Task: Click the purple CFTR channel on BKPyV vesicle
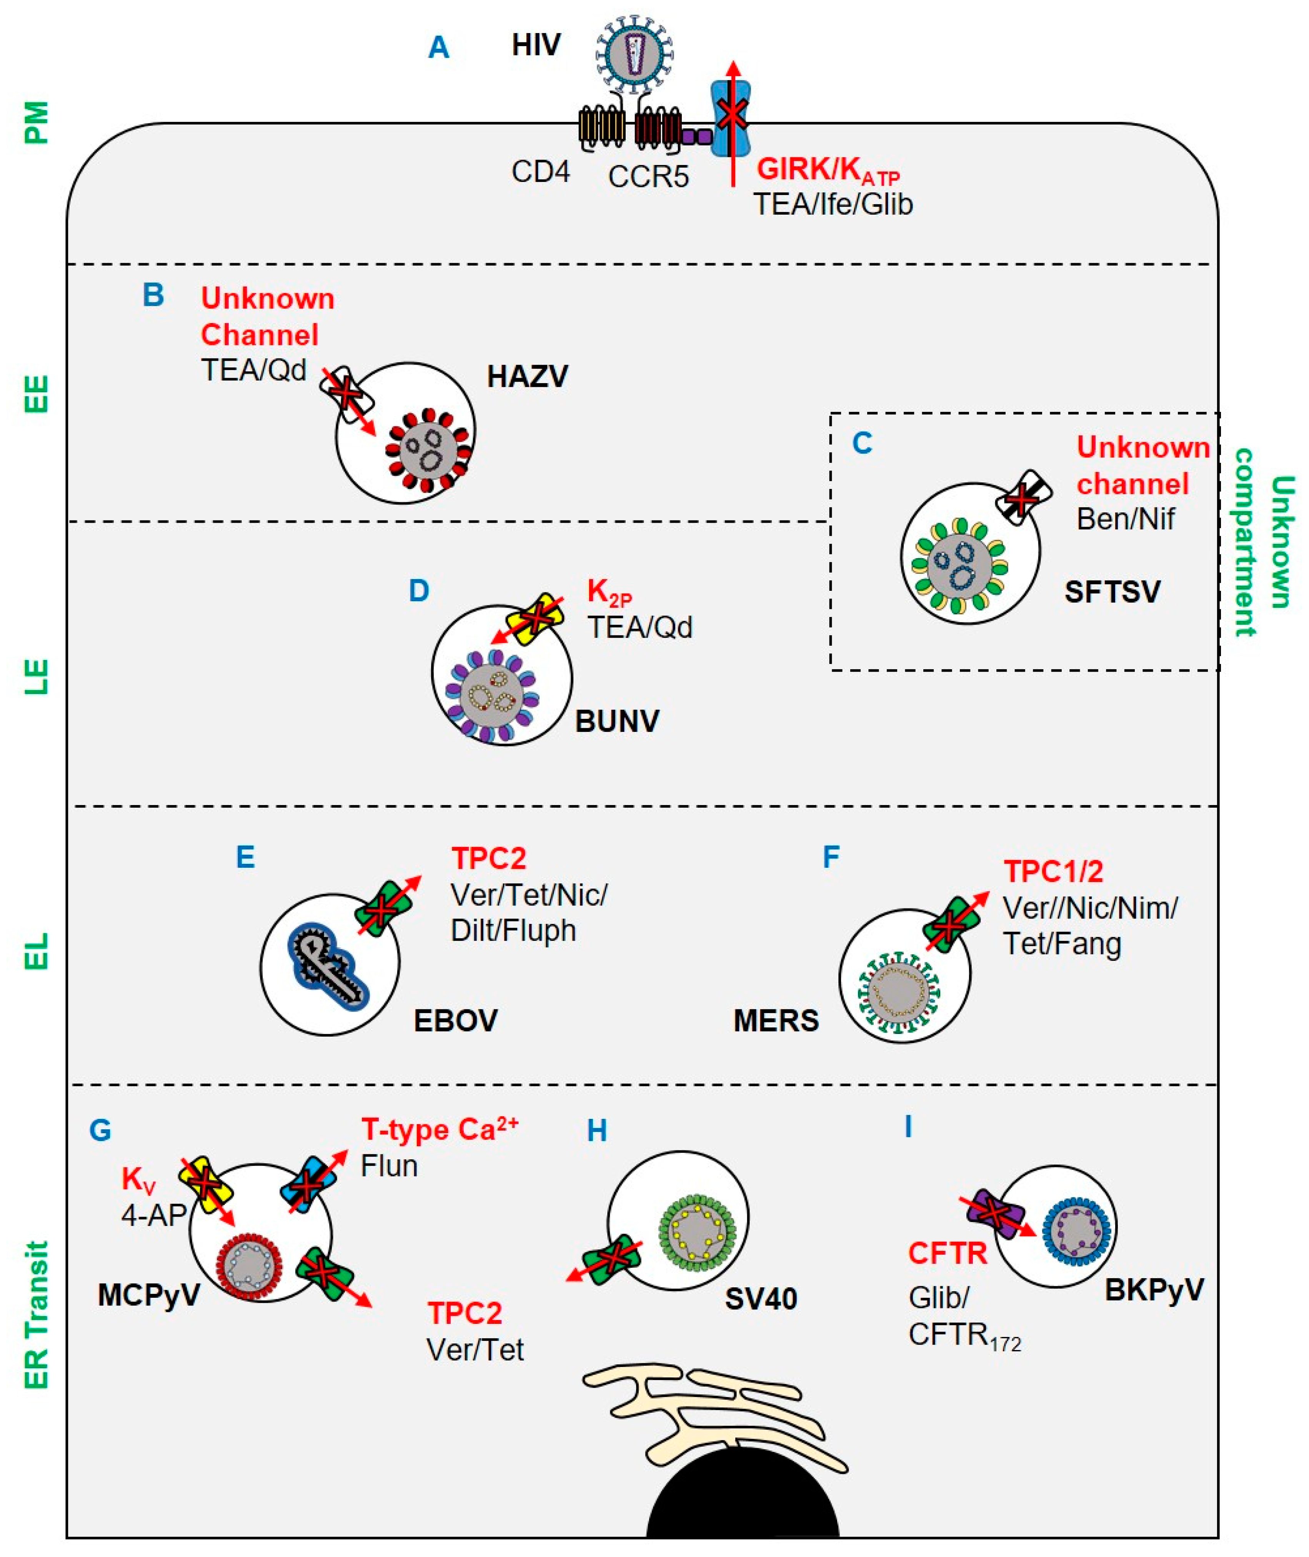point(996,1213)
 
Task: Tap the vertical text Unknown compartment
point(1264,542)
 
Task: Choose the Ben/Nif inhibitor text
point(1124,519)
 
